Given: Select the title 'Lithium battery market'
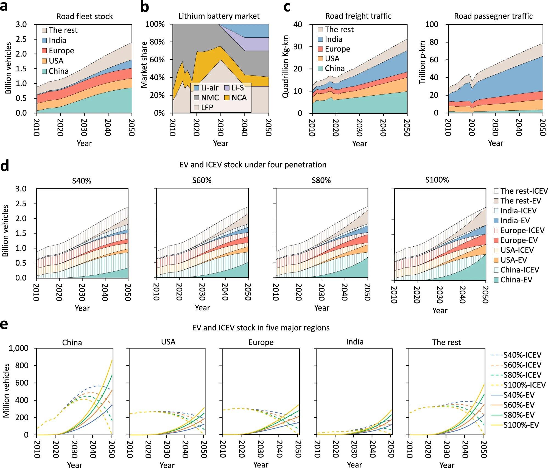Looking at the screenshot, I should (x=219, y=16).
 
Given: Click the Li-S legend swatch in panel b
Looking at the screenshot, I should (x=227, y=88).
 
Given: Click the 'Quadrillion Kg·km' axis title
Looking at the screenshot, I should (x=286, y=66).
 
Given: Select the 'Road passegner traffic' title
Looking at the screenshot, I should (x=493, y=16).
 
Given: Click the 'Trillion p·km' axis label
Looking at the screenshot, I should (x=422, y=62).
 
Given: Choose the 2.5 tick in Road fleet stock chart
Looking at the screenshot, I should (x=21, y=39).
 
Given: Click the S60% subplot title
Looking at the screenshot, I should (x=202, y=180).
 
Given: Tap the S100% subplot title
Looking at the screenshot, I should (x=437, y=180).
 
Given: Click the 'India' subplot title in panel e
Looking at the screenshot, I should (x=355, y=342).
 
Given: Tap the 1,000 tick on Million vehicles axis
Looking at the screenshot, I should (x=19, y=348).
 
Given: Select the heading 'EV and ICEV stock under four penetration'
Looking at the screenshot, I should (x=253, y=165).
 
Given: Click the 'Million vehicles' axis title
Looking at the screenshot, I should (x=6, y=391).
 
